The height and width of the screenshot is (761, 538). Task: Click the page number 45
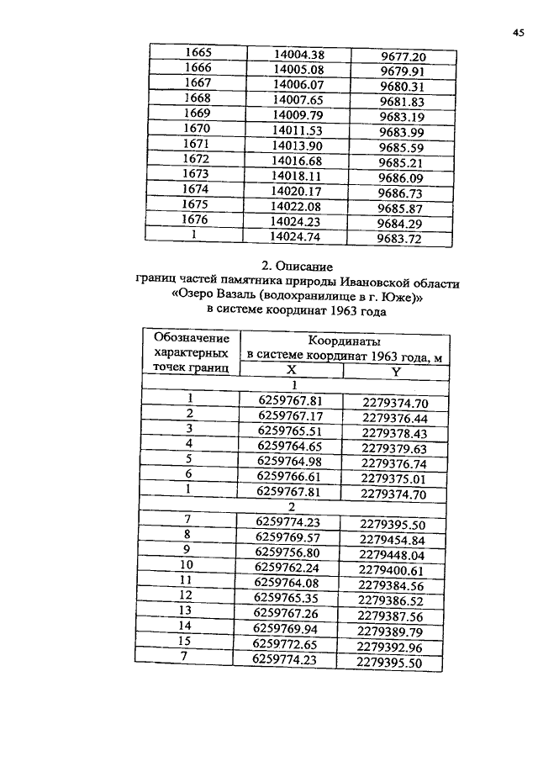pos(517,34)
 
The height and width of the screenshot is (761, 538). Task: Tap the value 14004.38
pos(299,54)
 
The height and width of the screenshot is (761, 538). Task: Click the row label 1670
pos(196,129)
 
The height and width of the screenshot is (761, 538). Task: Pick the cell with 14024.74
pos(299,237)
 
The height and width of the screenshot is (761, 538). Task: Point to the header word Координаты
pos(345,341)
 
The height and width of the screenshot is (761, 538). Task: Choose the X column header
pos(292,370)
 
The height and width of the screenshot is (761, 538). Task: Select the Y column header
pos(397,373)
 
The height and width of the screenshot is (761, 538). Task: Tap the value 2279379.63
pos(395,448)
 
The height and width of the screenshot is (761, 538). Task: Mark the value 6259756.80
pos(288,553)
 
